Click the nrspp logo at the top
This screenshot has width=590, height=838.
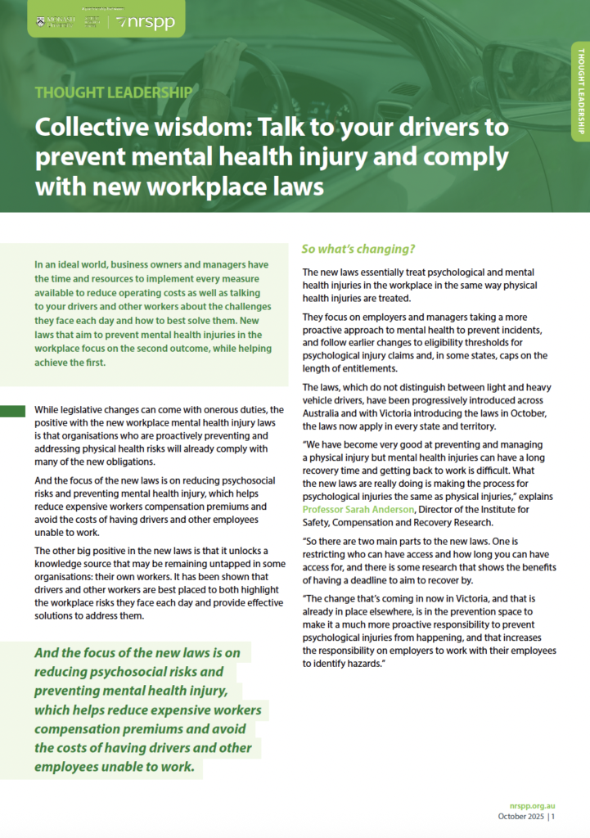coord(147,22)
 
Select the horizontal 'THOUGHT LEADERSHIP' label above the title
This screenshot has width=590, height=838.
coord(114,92)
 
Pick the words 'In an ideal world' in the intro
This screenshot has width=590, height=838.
coord(76,265)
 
